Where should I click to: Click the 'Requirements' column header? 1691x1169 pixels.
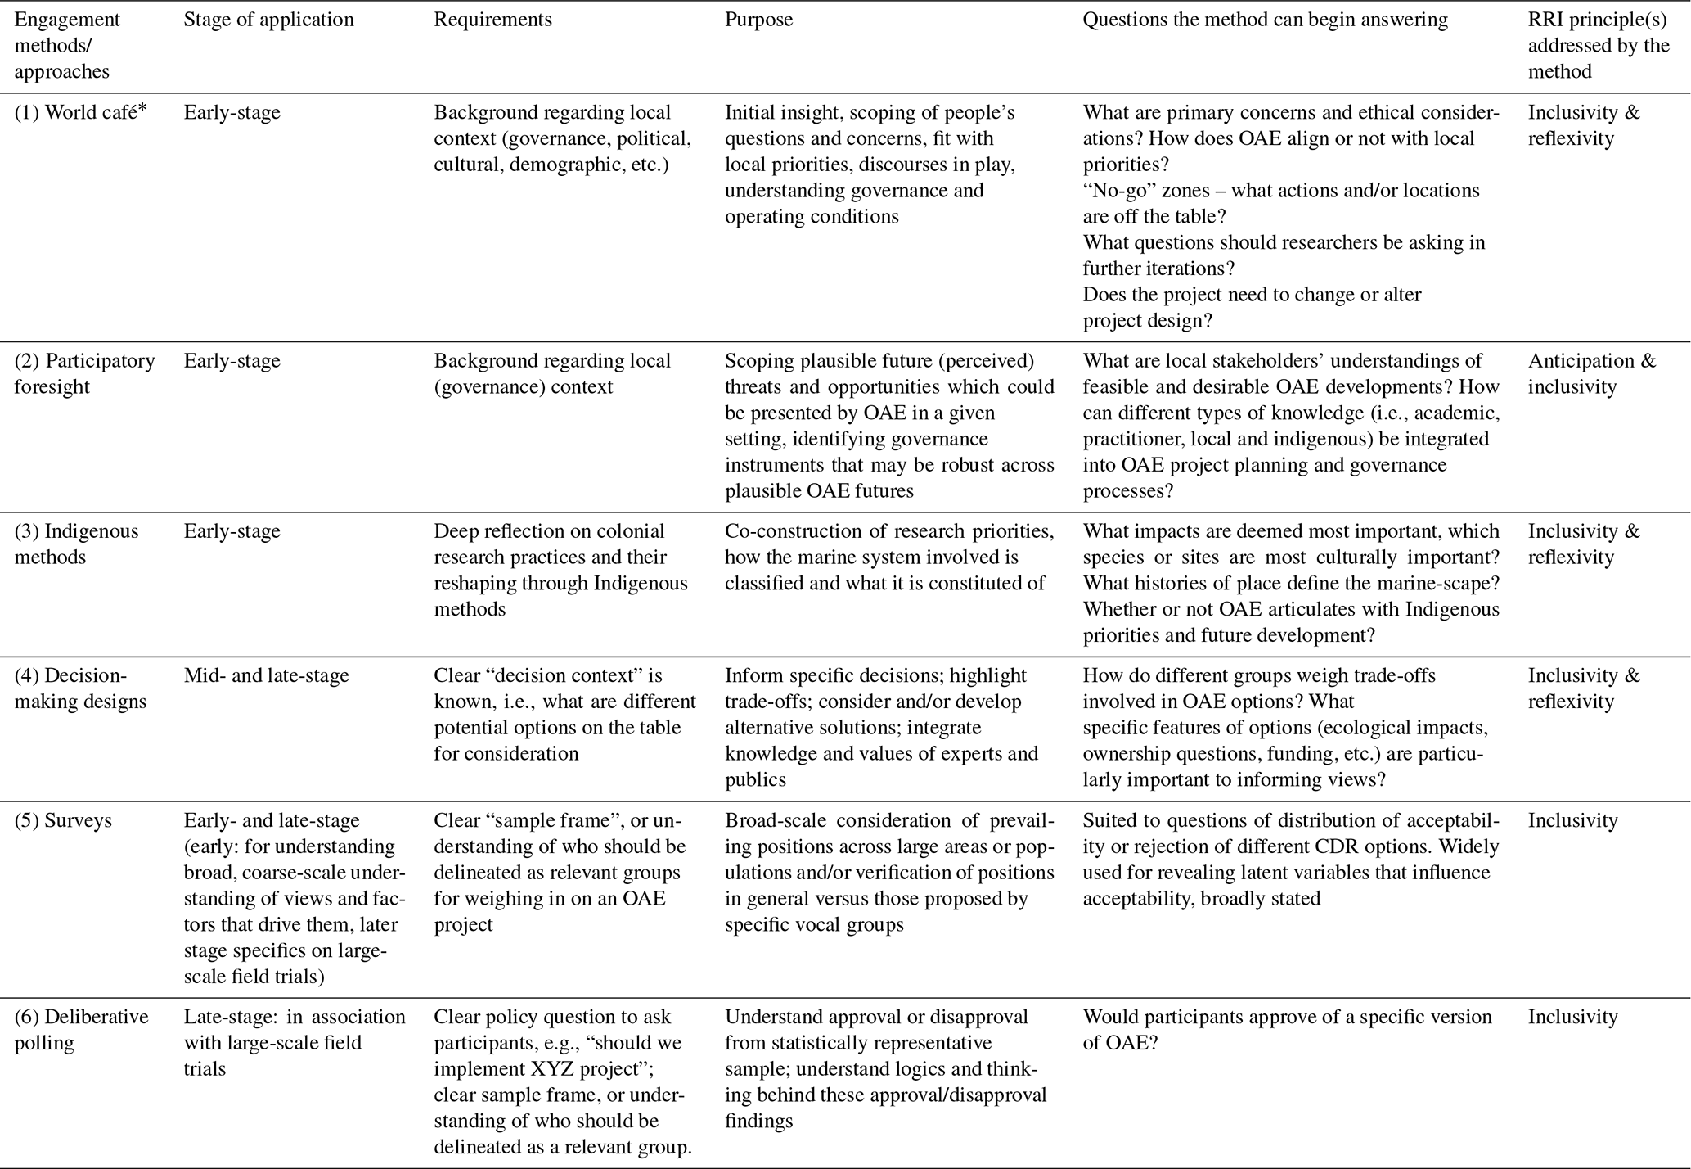tap(492, 20)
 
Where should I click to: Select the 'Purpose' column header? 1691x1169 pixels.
tap(758, 20)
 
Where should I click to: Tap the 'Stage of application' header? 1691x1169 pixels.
tap(268, 20)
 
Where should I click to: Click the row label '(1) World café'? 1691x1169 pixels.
tap(74, 112)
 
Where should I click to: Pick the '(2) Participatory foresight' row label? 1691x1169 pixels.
tap(84, 373)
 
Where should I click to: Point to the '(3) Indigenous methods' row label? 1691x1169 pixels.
tap(76, 544)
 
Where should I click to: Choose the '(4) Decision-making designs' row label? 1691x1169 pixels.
tap(80, 688)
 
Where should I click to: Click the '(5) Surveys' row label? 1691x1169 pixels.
tap(63, 820)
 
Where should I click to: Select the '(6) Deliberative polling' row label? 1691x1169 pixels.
tap(81, 1029)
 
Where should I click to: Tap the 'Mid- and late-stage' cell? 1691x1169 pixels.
tap(266, 675)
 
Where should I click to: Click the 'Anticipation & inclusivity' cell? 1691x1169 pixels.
tap(1591, 373)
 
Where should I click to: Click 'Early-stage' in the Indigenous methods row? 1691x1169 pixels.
tap(232, 530)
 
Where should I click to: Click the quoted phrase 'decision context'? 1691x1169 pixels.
tap(573, 675)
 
